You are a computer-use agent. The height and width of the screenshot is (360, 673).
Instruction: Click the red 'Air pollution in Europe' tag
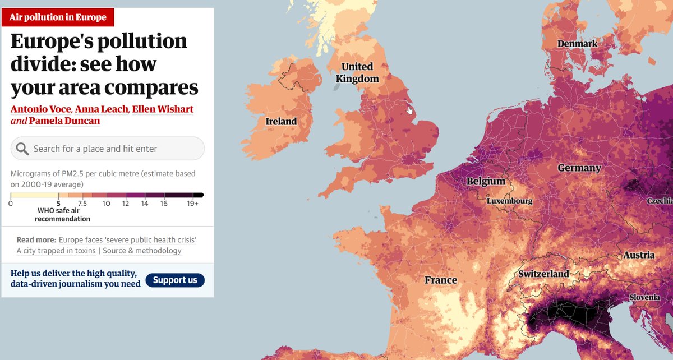tap(58, 17)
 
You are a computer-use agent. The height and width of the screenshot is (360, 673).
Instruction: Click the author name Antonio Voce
tap(40, 108)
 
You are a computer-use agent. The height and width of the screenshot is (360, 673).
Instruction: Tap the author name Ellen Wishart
tap(163, 108)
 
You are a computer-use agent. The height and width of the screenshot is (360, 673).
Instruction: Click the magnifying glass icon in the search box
tap(22, 149)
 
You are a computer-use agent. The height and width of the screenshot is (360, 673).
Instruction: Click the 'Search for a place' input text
tap(95, 149)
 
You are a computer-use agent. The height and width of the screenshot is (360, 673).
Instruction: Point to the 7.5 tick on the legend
tap(82, 204)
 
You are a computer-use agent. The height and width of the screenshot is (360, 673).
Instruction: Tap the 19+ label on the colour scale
tap(192, 204)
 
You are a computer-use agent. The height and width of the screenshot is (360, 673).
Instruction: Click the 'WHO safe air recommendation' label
tap(63, 215)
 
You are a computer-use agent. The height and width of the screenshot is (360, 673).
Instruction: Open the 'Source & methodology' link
tap(142, 251)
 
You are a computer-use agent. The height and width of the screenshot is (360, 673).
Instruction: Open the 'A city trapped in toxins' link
tap(56, 251)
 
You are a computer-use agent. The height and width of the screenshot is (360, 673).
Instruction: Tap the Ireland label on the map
tap(281, 121)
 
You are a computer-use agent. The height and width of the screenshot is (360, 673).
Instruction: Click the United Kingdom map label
tap(357, 73)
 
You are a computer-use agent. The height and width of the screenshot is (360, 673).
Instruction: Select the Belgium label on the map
tap(486, 182)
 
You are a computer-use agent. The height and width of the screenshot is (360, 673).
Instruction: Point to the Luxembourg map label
tap(509, 200)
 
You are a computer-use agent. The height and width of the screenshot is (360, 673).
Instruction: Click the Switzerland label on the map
tap(543, 274)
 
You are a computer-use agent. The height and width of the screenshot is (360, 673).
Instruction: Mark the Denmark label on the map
tap(577, 44)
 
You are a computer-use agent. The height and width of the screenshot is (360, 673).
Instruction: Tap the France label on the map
tap(440, 280)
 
